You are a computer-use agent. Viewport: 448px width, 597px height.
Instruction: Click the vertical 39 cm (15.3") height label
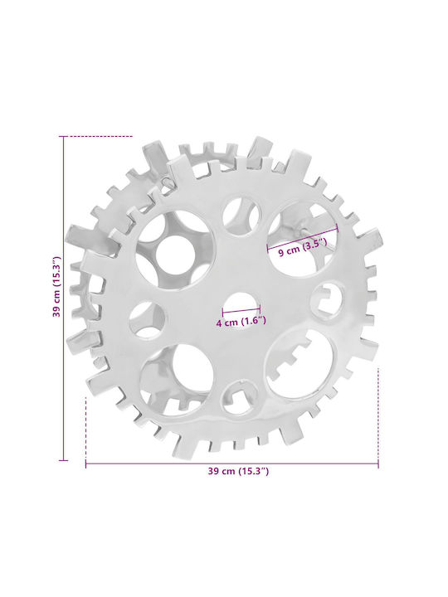[56, 287]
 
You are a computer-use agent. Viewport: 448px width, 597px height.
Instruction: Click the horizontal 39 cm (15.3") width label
[238, 471]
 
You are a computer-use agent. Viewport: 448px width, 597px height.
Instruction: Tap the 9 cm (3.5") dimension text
[303, 248]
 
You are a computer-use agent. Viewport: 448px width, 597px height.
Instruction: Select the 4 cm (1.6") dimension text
[241, 322]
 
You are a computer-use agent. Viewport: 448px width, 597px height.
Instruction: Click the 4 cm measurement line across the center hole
[241, 310]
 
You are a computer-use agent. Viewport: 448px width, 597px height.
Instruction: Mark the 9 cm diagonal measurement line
[303, 239]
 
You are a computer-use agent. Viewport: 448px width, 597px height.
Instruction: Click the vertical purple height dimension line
[63, 298]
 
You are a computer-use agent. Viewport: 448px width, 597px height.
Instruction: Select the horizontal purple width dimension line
[232, 464]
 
